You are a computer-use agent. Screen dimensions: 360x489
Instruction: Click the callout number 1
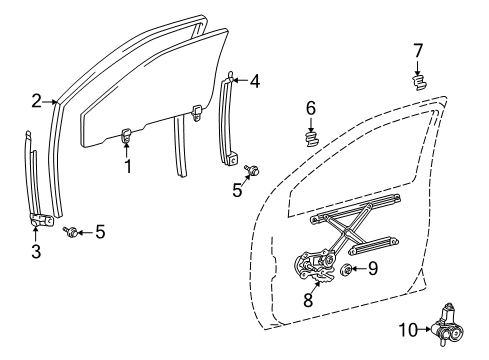tap(128, 166)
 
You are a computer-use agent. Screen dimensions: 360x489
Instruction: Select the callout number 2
tap(35, 100)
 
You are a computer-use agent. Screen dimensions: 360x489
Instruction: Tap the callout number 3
tap(35, 252)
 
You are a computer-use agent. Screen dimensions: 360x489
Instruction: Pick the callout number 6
tap(311, 108)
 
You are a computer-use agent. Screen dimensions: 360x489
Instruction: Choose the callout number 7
tap(419, 49)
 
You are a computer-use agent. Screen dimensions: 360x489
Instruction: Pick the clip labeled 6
tap(311, 137)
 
